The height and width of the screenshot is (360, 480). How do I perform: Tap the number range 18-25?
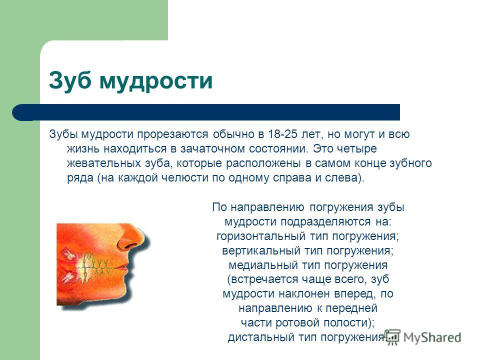pyautogui.click(x=282, y=134)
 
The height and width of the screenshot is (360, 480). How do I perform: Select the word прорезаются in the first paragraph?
pyautogui.click(x=172, y=134)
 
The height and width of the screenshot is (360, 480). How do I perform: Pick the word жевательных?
pyautogui.click(x=104, y=163)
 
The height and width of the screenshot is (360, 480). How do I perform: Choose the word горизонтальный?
pyautogui.click(x=261, y=236)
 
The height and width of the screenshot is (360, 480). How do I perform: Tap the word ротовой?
pyautogui.click(x=298, y=322)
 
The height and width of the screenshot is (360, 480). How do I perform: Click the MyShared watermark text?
pyautogui.click(x=432, y=337)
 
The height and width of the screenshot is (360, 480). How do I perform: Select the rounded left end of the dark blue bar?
pyautogui.click(x=18, y=112)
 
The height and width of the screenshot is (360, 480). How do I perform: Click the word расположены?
pyautogui.click(x=263, y=163)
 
